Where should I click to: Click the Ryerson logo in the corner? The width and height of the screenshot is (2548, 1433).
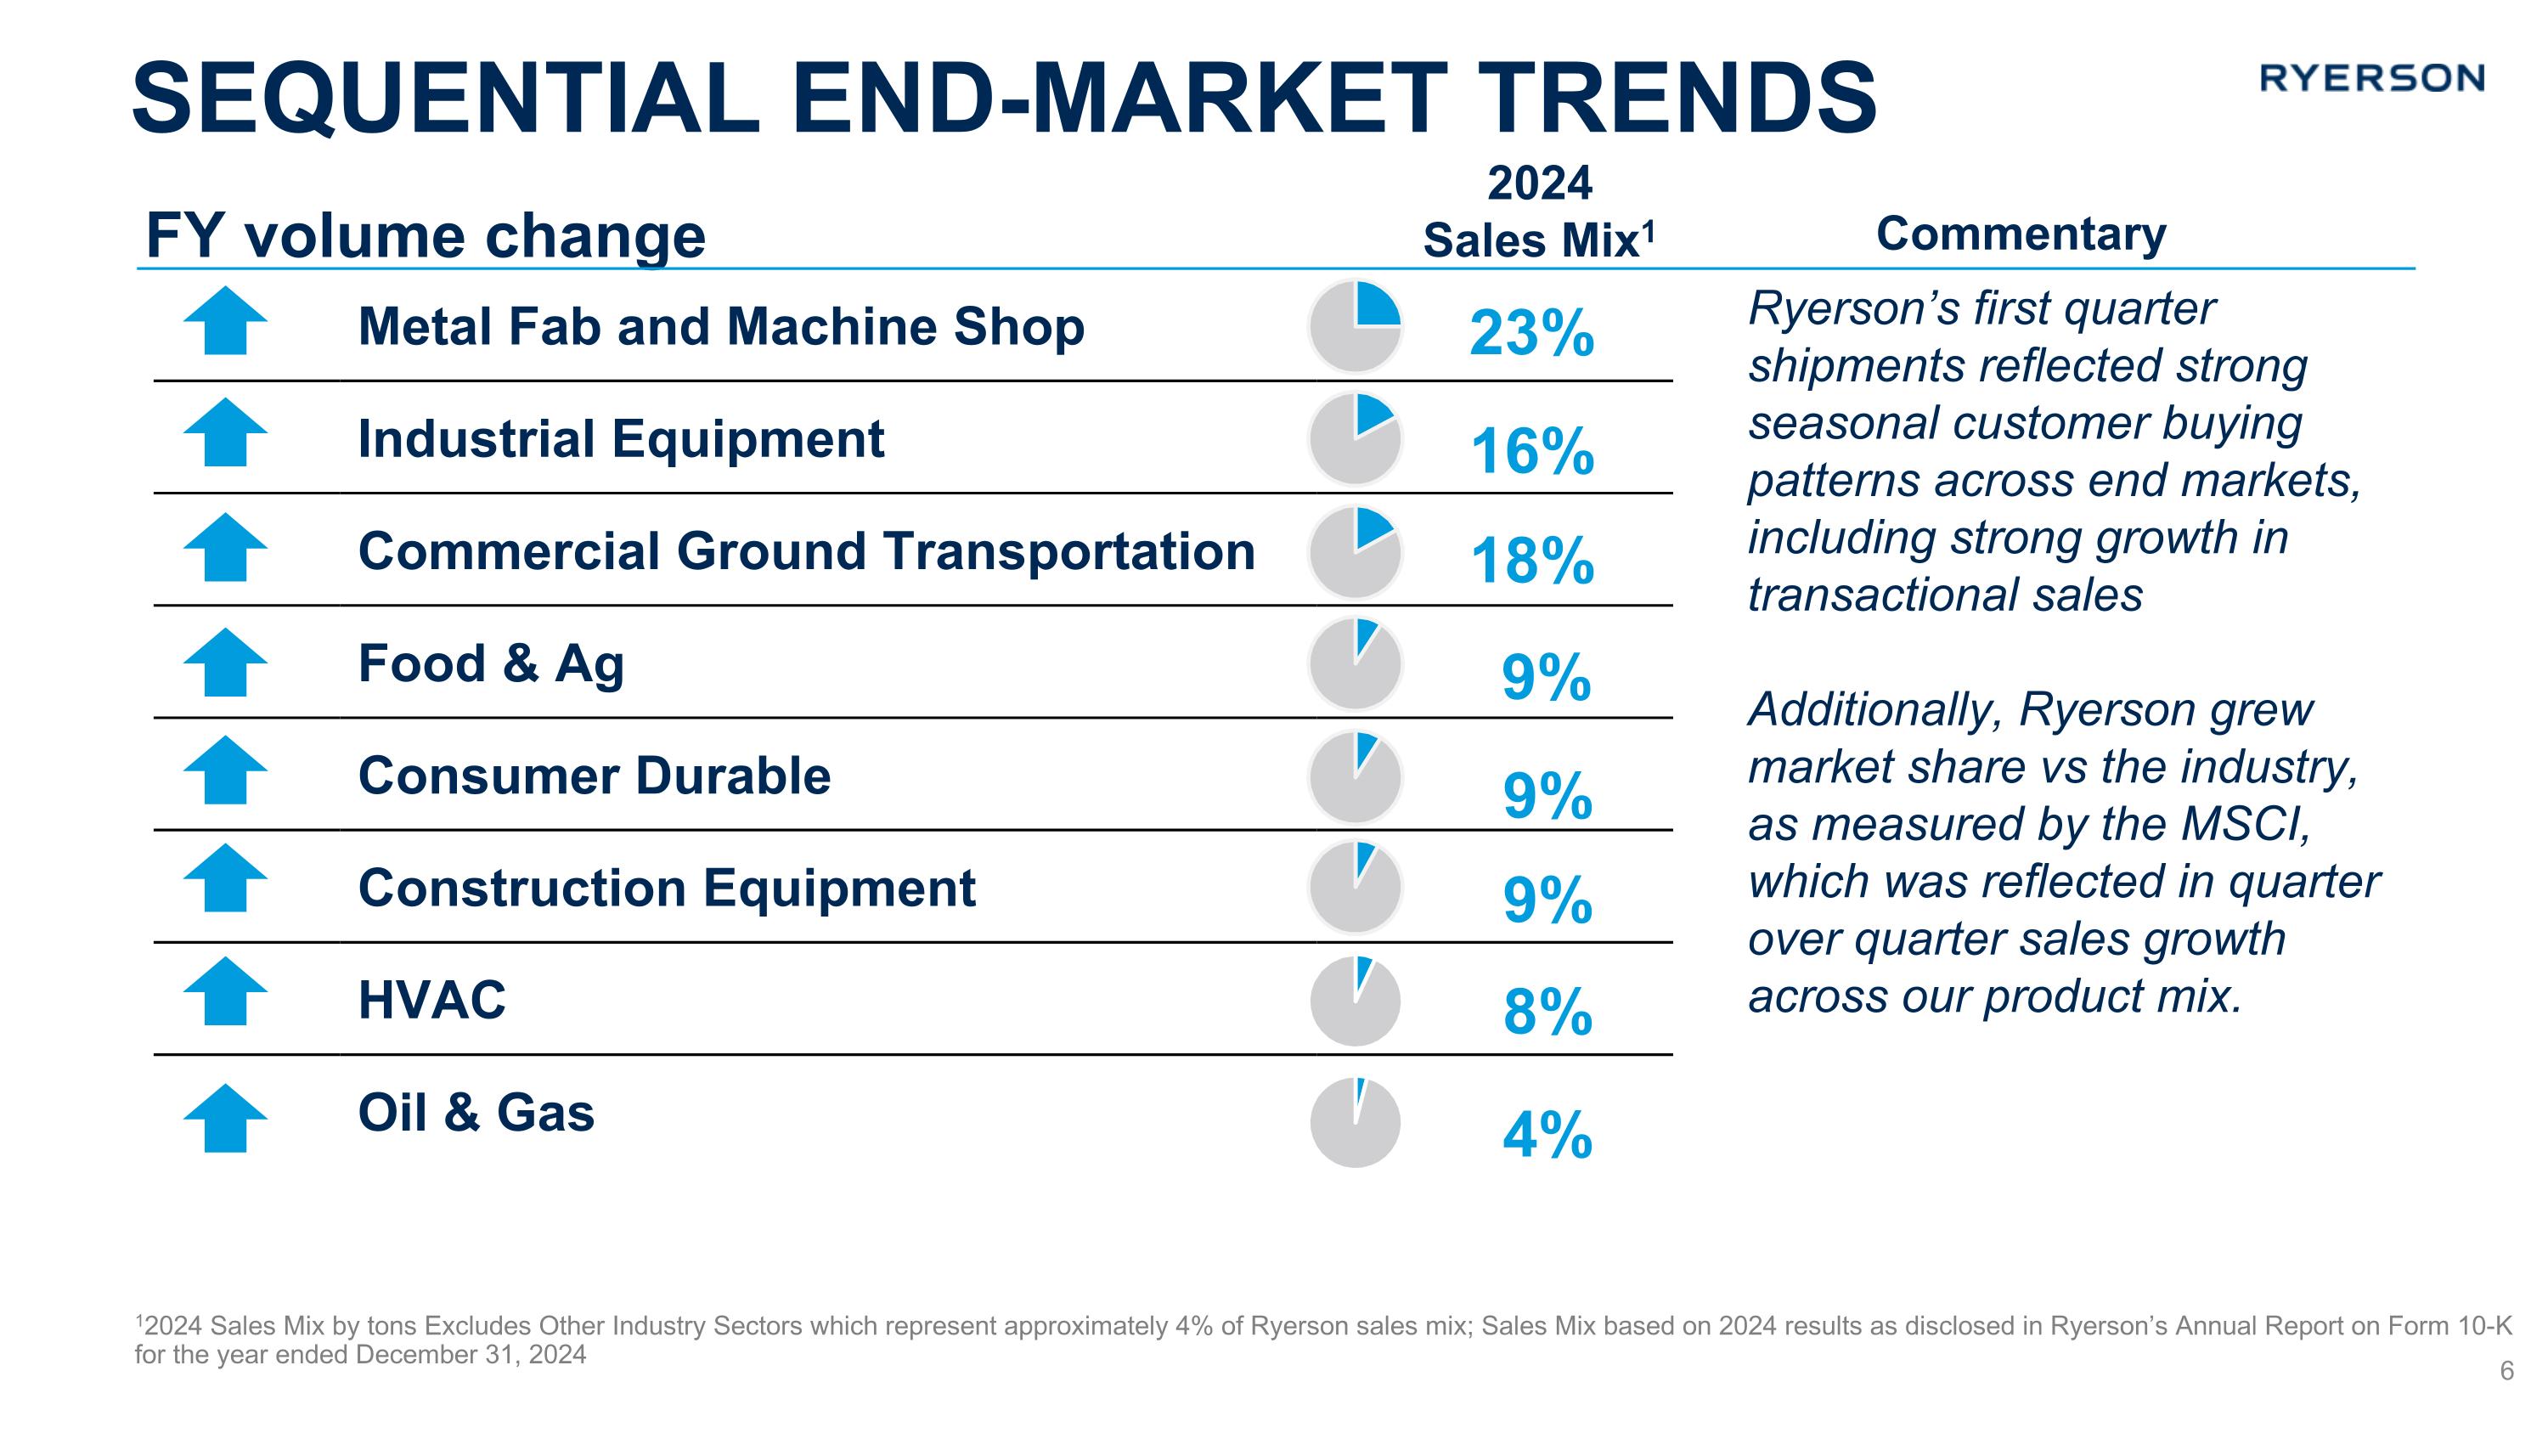(x=2371, y=78)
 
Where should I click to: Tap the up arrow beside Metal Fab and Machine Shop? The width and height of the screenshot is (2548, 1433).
(x=226, y=321)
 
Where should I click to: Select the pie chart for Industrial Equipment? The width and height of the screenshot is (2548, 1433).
(x=1355, y=439)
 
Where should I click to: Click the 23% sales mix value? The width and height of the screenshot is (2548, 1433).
(x=1531, y=333)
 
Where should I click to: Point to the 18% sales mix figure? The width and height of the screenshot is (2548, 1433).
(x=1532, y=561)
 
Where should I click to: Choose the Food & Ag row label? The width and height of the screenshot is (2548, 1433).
(x=491, y=663)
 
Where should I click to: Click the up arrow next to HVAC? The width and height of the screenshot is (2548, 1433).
(x=226, y=991)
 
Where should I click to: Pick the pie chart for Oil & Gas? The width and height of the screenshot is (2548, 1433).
(x=1355, y=1122)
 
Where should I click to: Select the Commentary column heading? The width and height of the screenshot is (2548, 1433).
(x=2021, y=234)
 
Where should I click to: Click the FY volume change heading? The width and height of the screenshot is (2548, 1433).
(x=426, y=236)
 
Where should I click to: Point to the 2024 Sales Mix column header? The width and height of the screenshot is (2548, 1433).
(x=1539, y=212)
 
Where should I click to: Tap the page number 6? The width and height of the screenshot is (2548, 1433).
(x=2506, y=1371)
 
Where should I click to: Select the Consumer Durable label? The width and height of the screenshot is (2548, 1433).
(x=594, y=776)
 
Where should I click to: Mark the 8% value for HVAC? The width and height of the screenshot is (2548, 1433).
(x=1547, y=1013)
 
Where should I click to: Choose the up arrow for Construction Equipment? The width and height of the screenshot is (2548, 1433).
(x=226, y=878)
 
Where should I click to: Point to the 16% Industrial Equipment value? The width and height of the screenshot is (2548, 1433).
(x=1532, y=451)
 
